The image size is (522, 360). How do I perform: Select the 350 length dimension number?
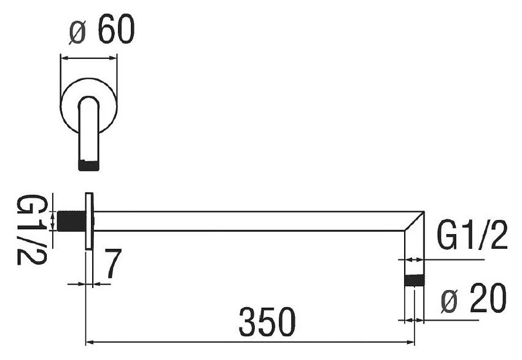pos(267,322)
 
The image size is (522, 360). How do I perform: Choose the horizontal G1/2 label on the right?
pos(472,237)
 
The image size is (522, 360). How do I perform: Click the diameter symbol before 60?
pos(77,32)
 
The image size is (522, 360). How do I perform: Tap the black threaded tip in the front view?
pos(88,165)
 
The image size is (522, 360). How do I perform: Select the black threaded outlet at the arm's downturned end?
pos(414,281)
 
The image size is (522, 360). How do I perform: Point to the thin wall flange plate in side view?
pos(89,221)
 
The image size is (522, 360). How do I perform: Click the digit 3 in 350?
pos(248,322)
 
